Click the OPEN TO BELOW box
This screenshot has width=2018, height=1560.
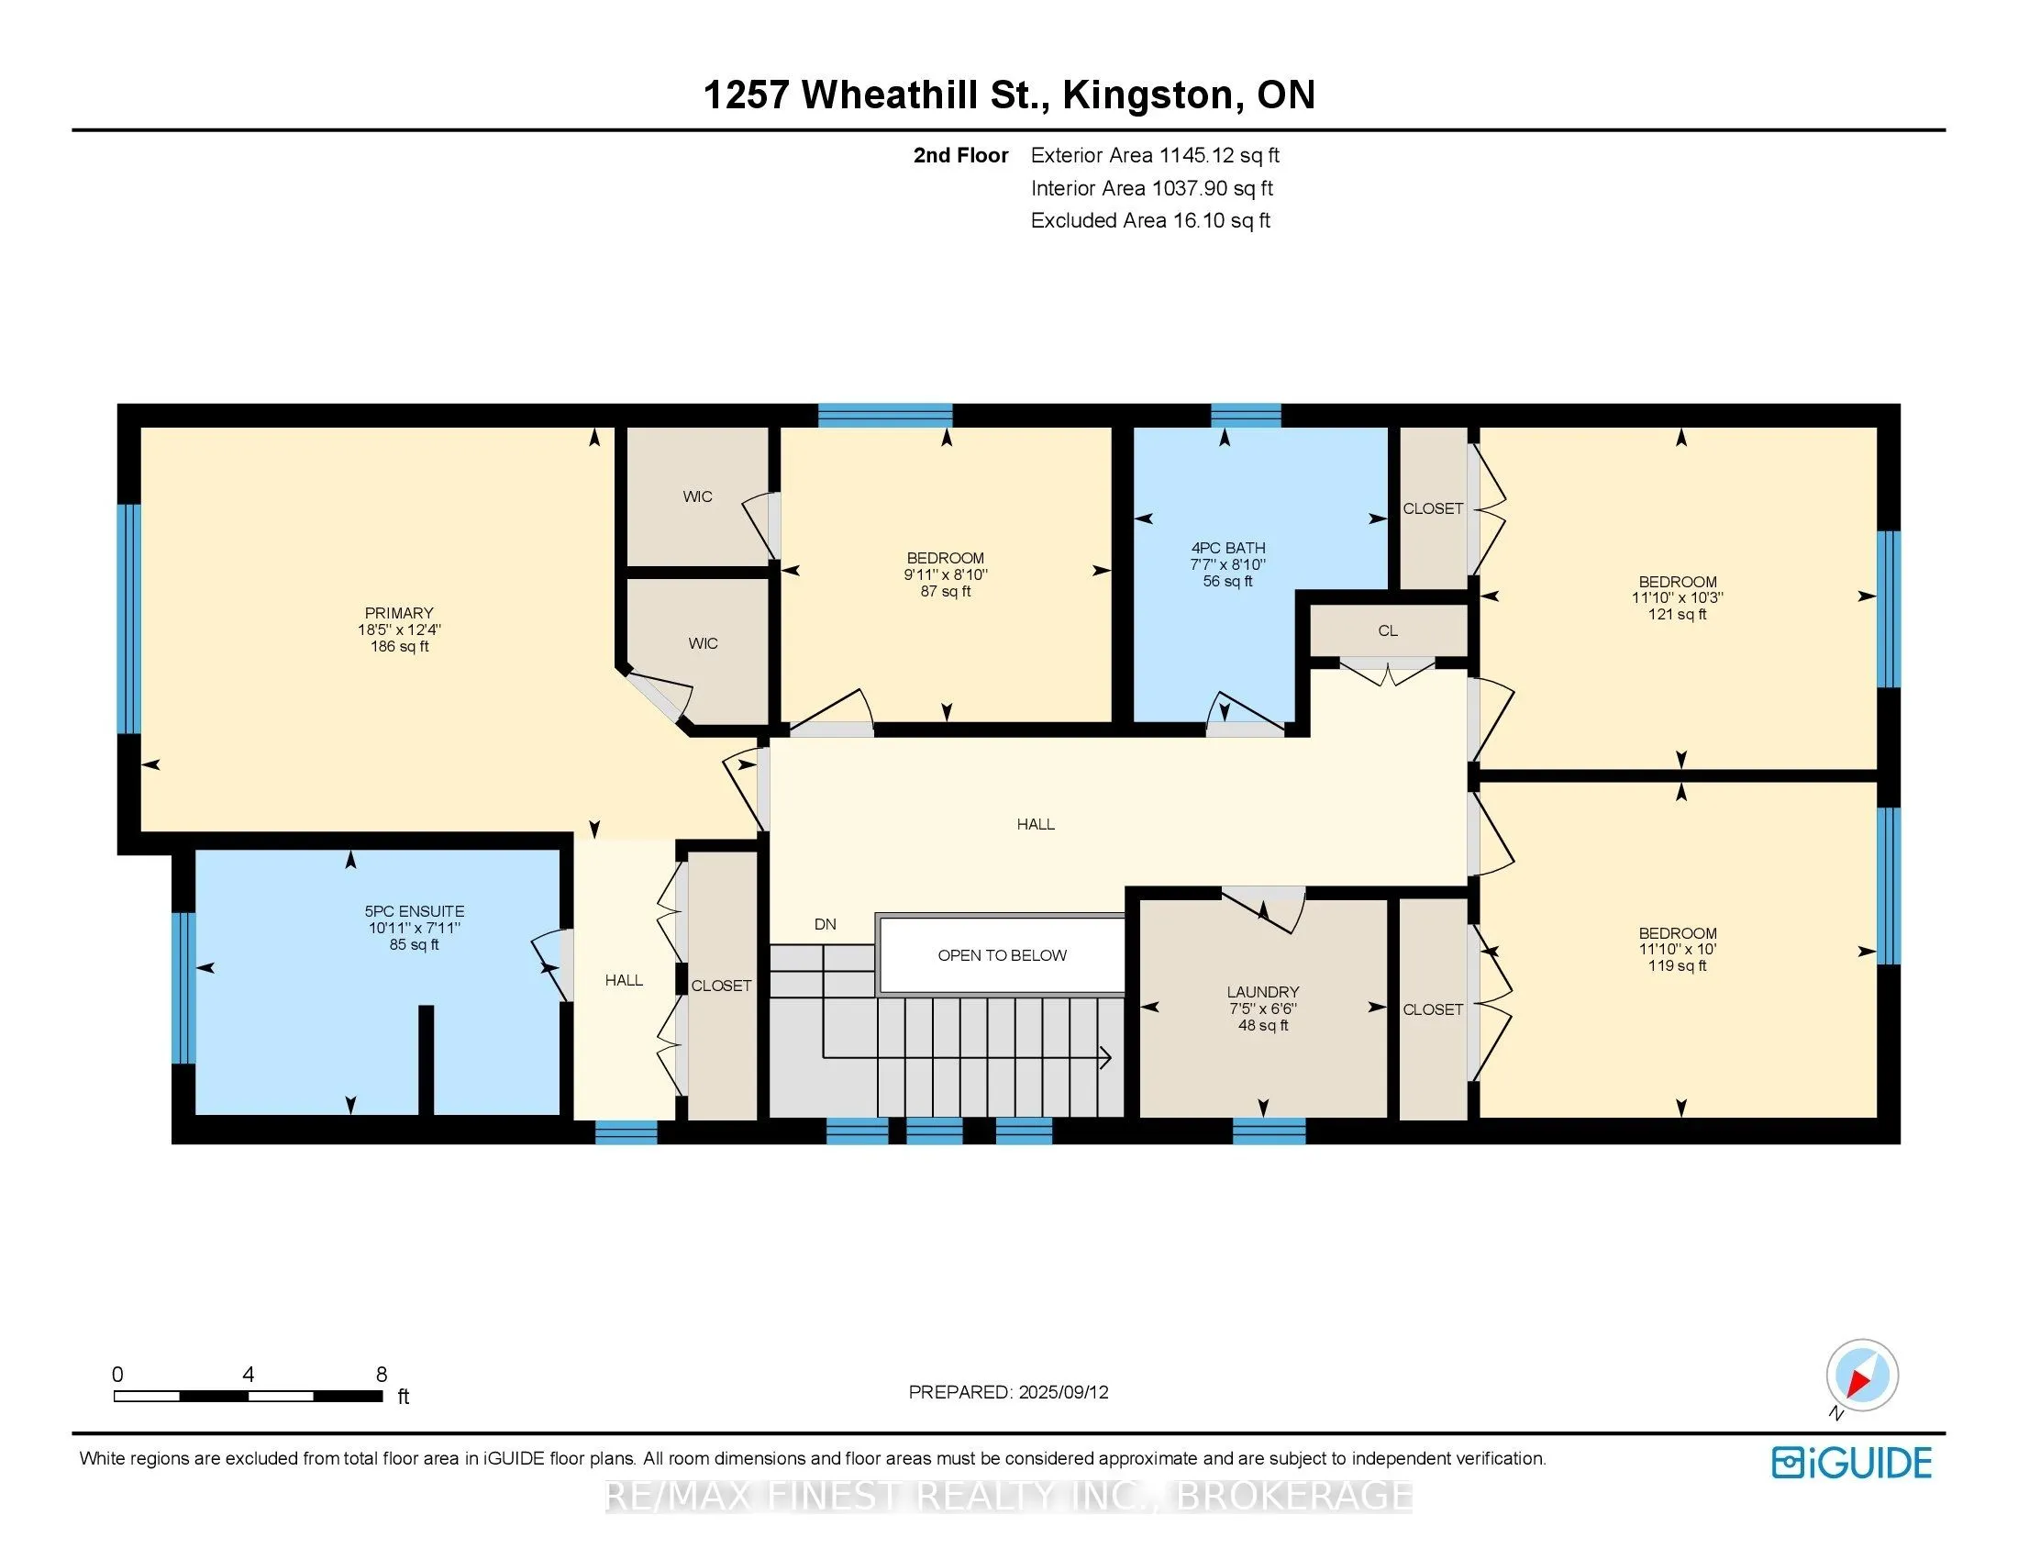pyautogui.click(x=1002, y=954)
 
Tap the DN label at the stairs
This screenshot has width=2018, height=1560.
pyautogui.click(x=826, y=924)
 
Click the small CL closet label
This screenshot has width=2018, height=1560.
pyautogui.click(x=1388, y=630)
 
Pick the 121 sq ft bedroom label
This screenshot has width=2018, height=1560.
pyautogui.click(x=1678, y=597)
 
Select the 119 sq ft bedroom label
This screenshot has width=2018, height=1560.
pyautogui.click(x=1678, y=949)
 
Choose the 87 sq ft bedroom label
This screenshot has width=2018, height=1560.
pyautogui.click(x=945, y=574)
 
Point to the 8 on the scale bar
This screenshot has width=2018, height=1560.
pyautogui.click(x=382, y=1375)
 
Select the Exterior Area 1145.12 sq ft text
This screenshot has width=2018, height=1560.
pyautogui.click(x=1155, y=155)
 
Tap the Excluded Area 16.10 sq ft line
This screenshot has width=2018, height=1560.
pyautogui.click(x=1150, y=220)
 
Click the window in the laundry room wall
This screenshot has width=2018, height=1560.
pyautogui.click(x=1269, y=1131)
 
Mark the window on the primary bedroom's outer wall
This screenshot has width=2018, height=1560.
pyautogui.click(x=129, y=618)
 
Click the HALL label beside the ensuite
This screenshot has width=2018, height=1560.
pyautogui.click(x=624, y=980)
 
